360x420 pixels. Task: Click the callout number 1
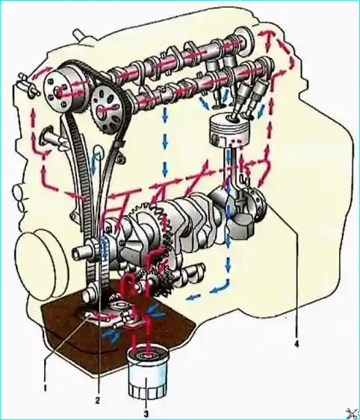pyautogui.click(x=46, y=387)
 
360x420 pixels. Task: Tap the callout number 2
pyautogui.click(x=97, y=400)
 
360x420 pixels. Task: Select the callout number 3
pyautogui.click(x=146, y=415)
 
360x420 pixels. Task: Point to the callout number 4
pyautogui.click(x=296, y=345)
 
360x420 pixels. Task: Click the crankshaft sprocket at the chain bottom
pyautogui.click(x=102, y=249)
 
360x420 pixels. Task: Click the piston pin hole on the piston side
pyautogui.click(x=216, y=139)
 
